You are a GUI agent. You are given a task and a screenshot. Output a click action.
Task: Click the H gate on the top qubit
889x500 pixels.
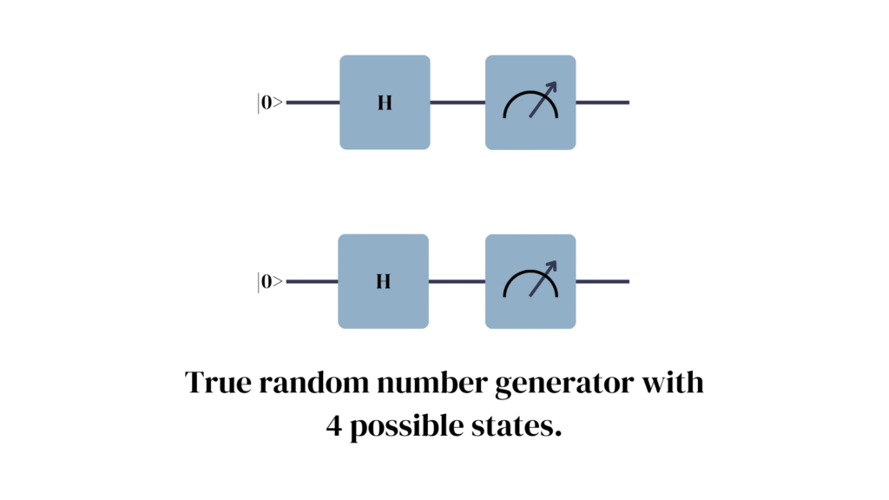point(385,102)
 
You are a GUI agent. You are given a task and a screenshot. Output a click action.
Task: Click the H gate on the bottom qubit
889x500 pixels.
point(385,281)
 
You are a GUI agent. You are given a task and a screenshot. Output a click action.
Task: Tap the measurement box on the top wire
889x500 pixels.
point(530,102)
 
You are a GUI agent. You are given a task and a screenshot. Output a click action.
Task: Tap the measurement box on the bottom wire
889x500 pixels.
point(530,281)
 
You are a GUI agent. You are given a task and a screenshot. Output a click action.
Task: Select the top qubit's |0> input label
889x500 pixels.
point(270,103)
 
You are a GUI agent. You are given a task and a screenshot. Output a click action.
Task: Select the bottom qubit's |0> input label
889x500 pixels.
point(270,282)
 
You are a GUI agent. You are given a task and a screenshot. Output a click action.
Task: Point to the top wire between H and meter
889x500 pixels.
point(458,102)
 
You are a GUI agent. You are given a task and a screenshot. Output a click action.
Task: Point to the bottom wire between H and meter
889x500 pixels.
point(458,281)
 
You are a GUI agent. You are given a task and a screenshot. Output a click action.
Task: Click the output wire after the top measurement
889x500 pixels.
point(603,102)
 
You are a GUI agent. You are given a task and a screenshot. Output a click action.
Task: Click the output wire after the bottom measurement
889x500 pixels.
point(603,281)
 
